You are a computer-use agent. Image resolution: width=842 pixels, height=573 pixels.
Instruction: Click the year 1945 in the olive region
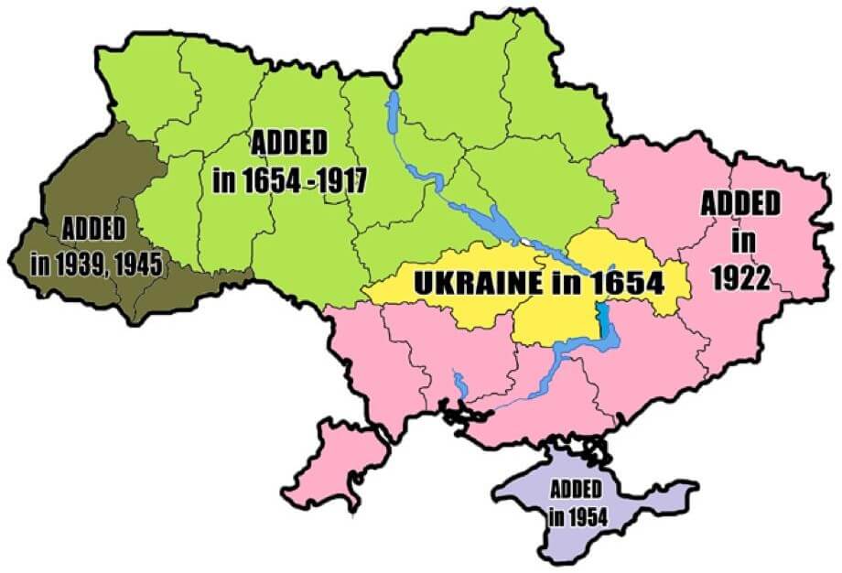135,265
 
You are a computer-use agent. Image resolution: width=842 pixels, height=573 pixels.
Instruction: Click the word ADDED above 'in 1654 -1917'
288,144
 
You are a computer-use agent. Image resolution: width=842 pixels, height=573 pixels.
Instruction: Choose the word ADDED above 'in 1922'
740,203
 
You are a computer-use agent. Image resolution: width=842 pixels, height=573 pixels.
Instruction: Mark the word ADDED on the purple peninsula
577,489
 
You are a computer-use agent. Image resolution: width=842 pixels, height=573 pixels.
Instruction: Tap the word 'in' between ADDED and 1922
739,243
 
